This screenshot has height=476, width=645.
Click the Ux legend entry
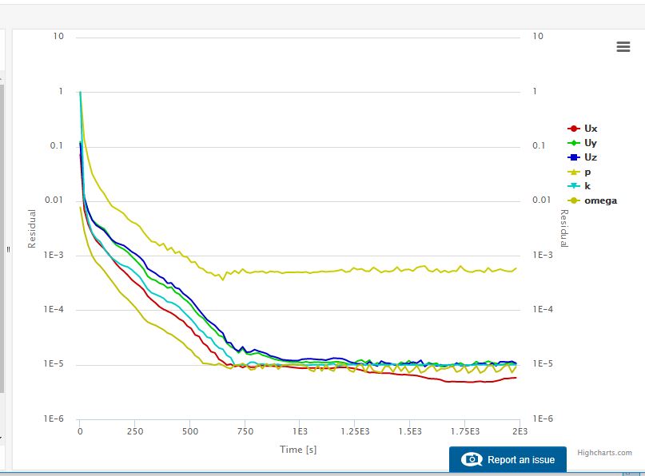590,129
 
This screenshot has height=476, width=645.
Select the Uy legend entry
590,143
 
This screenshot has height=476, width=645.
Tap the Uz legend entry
590,157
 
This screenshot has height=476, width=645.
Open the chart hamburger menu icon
623,47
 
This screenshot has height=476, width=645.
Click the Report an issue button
508,460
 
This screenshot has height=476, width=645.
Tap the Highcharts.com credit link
604,452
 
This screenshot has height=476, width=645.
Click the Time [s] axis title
299,450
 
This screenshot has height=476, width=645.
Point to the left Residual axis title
33,228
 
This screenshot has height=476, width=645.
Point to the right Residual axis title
563,228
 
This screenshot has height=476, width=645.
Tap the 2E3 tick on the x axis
520,431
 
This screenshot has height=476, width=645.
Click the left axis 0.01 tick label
53,200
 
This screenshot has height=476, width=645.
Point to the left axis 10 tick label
58,37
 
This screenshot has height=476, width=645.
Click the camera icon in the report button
472,460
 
